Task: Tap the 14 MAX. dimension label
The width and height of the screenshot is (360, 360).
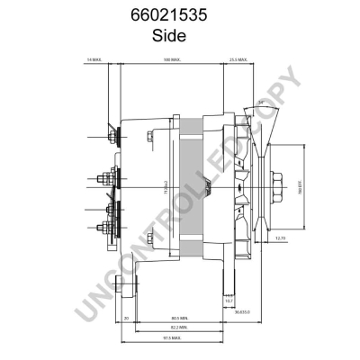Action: click(x=94, y=59)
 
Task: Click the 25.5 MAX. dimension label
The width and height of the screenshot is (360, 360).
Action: click(x=238, y=59)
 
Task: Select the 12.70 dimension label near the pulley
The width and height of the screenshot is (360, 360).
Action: click(x=281, y=238)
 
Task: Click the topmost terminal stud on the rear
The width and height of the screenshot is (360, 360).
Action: click(x=112, y=136)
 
